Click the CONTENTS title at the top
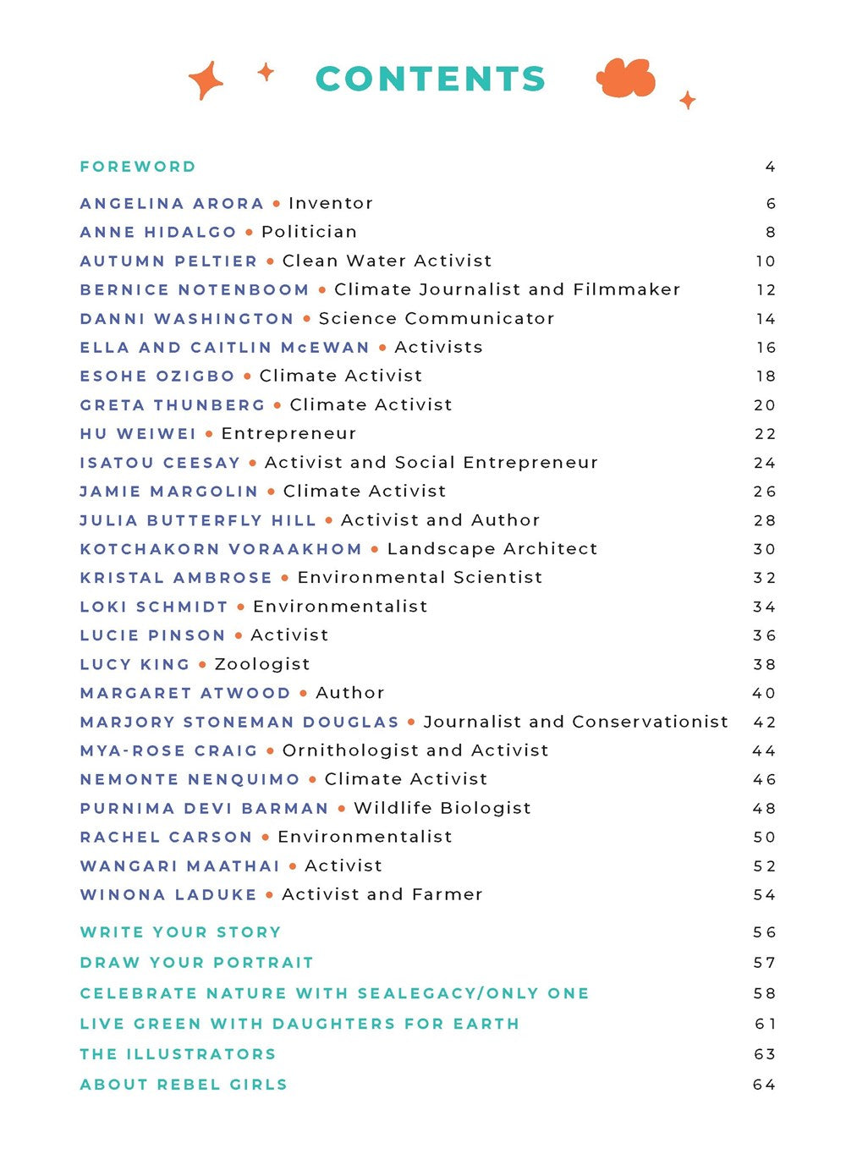(x=431, y=79)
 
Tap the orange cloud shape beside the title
(x=626, y=79)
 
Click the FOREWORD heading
(x=138, y=167)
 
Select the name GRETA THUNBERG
(x=173, y=405)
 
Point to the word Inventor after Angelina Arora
(x=331, y=203)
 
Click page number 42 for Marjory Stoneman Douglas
(x=765, y=722)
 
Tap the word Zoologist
(x=262, y=664)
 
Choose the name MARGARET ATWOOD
(x=185, y=693)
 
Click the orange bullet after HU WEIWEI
(x=209, y=434)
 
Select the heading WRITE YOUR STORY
(x=180, y=932)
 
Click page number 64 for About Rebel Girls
(x=765, y=1085)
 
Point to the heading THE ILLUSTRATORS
(x=178, y=1054)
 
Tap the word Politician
(x=309, y=232)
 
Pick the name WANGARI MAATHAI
(x=179, y=866)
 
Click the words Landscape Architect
(x=492, y=549)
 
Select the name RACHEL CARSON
(x=166, y=837)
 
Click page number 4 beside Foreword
(x=770, y=167)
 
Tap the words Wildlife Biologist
(x=442, y=808)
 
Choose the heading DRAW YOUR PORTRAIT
(x=196, y=963)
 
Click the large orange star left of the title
(x=206, y=80)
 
